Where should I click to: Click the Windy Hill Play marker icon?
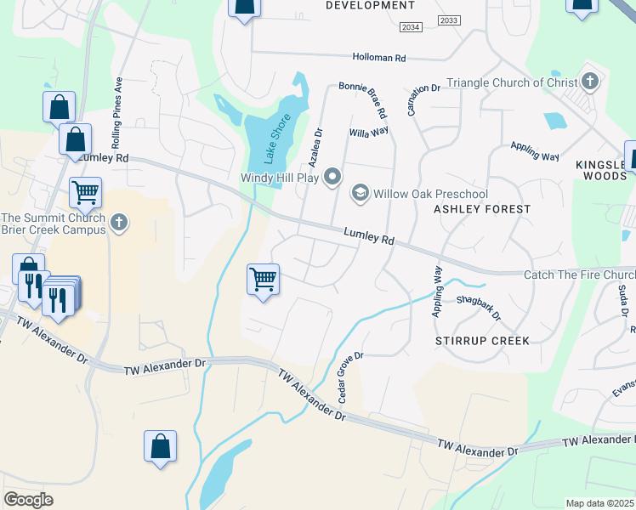[332, 178]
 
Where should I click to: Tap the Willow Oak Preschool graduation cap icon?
[361, 193]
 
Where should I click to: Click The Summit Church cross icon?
[120, 224]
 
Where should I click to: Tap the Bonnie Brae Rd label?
[363, 99]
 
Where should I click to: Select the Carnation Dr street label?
[423, 99]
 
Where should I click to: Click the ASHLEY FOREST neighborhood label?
[482, 209]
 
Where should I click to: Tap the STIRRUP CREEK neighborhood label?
[482, 341]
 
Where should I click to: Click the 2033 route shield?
[449, 20]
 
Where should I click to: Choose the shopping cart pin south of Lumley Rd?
[264, 279]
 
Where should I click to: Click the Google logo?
[28, 500]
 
